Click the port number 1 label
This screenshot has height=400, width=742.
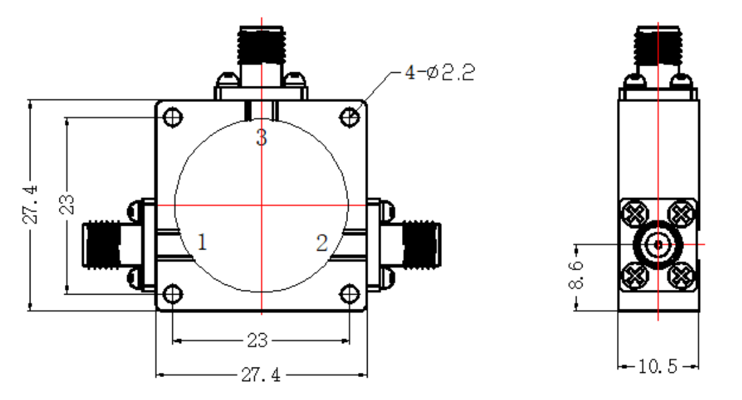(x=202, y=242)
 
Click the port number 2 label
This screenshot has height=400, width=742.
(x=322, y=243)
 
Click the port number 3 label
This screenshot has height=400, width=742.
(x=262, y=137)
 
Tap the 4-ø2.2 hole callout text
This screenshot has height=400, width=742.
(x=440, y=72)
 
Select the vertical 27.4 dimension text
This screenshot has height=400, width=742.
(x=31, y=205)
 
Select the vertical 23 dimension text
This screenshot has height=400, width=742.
(x=68, y=205)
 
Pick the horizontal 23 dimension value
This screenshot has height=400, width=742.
(x=257, y=341)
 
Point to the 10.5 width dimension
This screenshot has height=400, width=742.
(x=658, y=366)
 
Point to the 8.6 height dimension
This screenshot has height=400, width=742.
(x=576, y=275)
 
